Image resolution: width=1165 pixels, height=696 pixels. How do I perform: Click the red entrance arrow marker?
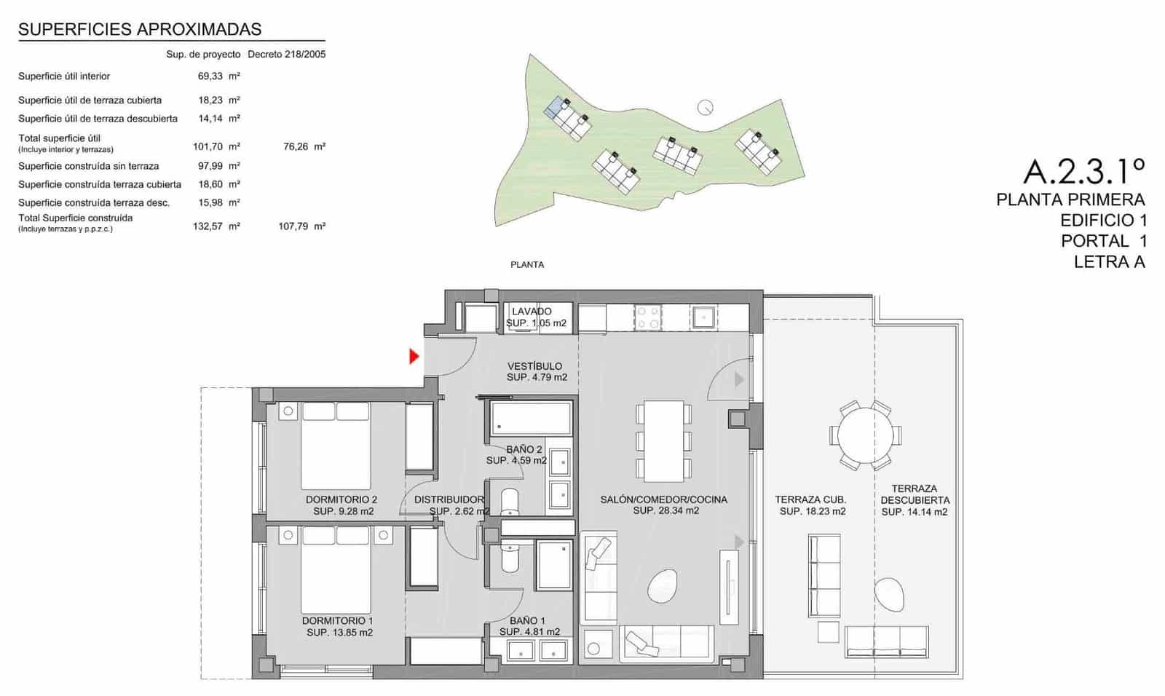coord(414,356)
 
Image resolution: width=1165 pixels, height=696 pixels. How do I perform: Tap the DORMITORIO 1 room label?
coord(339,621)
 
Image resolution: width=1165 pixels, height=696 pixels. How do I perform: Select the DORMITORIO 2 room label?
coord(341,500)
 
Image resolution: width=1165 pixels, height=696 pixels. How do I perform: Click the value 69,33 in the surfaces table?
coord(210,76)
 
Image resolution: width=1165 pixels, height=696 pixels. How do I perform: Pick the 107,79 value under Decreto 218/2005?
coord(293,226)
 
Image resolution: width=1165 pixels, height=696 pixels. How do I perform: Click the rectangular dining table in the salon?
coord(663,440)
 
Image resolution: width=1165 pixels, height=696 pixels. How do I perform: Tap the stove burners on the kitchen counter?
coord(648,317)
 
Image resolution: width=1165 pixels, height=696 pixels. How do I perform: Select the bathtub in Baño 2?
coord(531,419)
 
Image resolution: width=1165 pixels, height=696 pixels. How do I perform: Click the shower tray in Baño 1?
coord(555,565)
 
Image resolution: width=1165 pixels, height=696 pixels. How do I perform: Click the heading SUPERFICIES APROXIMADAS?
coord(140,29)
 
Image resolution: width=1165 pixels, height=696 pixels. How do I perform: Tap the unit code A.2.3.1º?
coord(1083,171)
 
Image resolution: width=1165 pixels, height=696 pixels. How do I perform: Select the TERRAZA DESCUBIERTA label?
coord(915,494)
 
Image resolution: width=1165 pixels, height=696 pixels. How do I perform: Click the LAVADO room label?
coord(532,312)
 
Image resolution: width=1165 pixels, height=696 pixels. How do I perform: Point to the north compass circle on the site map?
coord(705,107)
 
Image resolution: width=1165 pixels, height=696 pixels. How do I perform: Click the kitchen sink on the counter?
coord(704,317)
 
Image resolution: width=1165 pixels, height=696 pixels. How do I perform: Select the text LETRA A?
coord(1109,262)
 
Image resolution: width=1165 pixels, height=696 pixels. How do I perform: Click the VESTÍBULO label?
coord(534,366)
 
